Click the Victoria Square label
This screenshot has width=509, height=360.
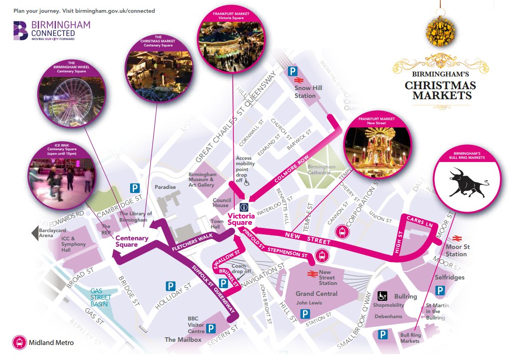coord(240,219)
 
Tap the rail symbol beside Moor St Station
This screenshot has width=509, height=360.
coord(456,238)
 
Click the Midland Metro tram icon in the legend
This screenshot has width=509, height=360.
coord(20,342)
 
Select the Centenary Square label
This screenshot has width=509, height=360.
coord(131,241)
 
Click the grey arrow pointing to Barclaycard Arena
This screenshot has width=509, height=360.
coord(35,233)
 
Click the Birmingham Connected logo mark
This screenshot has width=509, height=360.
coord(21,30)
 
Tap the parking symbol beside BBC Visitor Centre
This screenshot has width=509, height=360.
coord(211,328)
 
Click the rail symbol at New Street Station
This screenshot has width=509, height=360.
coord(312,274)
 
